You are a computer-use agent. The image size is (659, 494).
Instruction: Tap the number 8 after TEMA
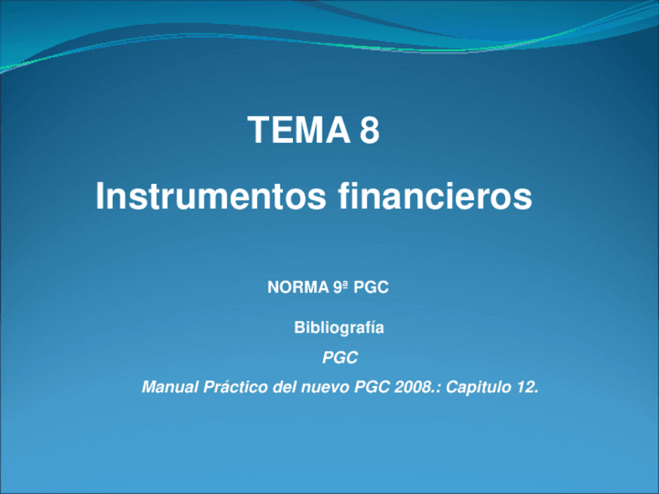370,130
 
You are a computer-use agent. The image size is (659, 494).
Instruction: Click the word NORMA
292,287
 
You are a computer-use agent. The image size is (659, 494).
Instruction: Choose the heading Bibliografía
339,328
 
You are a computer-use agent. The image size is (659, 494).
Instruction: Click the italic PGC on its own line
340,358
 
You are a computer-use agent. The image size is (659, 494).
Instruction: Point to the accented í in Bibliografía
373,328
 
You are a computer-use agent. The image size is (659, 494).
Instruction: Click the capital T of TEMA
257,130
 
